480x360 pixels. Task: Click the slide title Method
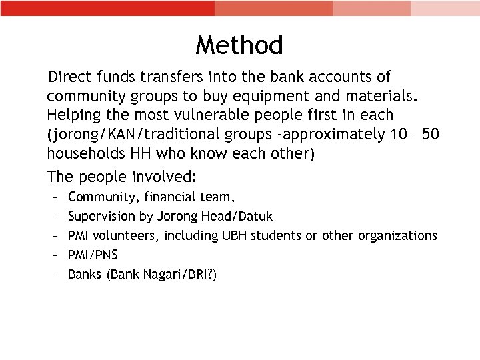(239, 45)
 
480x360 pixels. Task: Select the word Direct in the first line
(71, 77)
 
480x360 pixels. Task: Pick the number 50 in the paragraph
(431, 134)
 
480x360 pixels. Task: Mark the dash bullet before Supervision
(53, 217)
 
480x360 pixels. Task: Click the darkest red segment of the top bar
(107, 8)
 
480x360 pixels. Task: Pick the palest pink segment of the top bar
(445, 8)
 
